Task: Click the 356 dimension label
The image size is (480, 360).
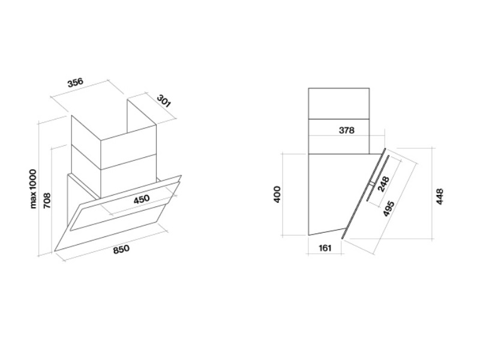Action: pyautogui.click(x=75, y=83)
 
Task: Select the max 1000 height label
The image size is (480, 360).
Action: pyautogui.click(x=34, y=188)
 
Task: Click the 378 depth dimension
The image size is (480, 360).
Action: pyautogui.click(x=347, y=130)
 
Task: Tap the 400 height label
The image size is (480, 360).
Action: pyautogui.click(x=277, y=194)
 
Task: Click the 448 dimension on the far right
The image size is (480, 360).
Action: pyautogui.click(x=440, y=197)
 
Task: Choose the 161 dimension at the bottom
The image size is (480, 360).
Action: pyautogui.click(x=324, y=247)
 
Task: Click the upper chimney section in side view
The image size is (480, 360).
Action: pyautogui.click(x=338, y=103)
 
